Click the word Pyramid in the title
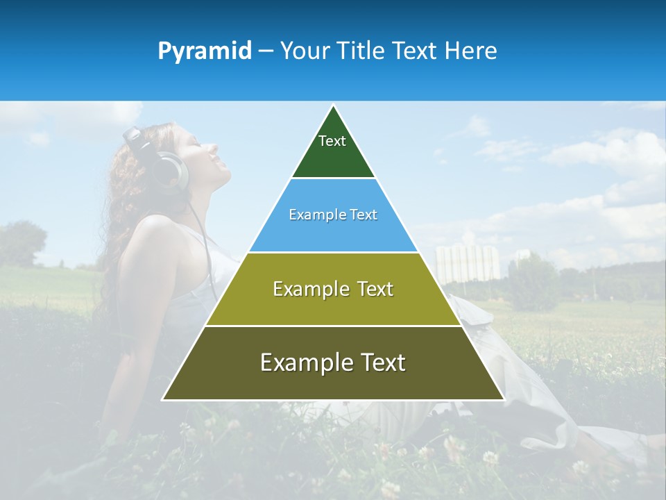[x=205, y=51]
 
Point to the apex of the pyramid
[x=334, y=106]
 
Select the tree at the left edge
[x=21, y=243]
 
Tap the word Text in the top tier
[x=332, y=141]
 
